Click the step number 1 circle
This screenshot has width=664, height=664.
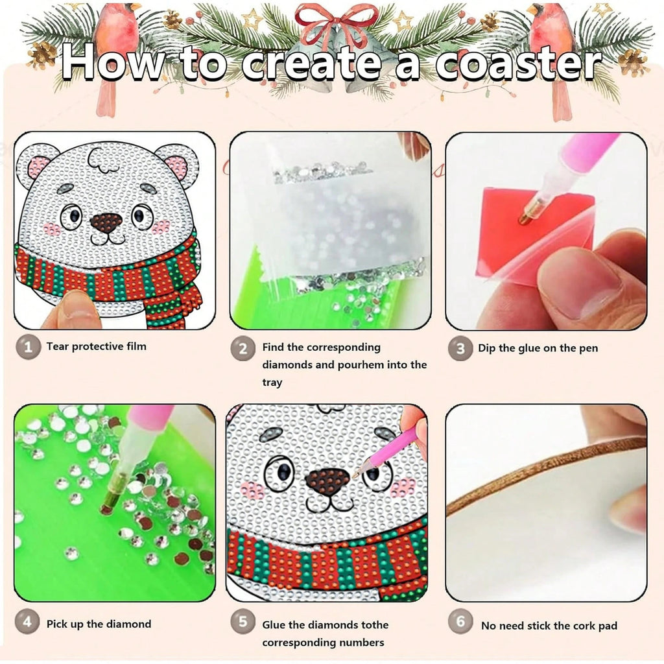coord(27,347)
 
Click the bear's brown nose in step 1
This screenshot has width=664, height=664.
coord(105,223)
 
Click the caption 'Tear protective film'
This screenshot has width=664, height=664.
coord(96,346)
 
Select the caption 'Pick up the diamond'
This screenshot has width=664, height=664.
coord(99,624)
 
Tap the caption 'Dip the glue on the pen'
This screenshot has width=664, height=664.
coord(538,348)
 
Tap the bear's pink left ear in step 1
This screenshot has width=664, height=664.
coord(37,167)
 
